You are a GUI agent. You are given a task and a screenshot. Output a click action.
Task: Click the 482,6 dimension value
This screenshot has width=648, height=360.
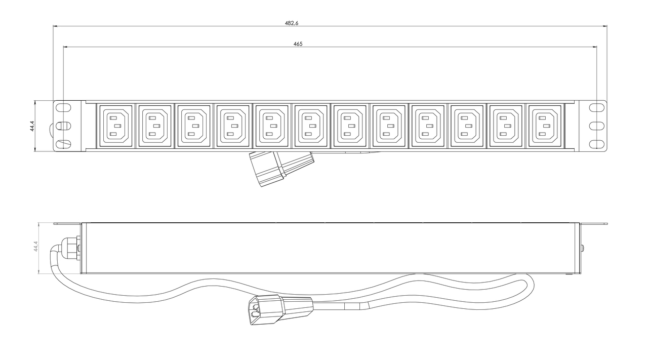pos(291,23)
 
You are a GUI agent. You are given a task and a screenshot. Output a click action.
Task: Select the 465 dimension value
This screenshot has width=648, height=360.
pos(298,44)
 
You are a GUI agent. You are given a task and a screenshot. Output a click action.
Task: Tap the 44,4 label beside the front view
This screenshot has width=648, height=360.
pos(32,126)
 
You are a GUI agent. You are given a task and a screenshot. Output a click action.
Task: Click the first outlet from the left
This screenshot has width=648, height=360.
pos(116,126)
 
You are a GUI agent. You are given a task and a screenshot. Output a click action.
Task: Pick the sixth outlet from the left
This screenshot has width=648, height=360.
pos(311,126)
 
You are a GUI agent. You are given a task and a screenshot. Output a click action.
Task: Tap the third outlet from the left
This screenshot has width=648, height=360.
pos(194,126)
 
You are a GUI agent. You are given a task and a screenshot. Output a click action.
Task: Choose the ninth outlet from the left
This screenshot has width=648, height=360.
pos(428,126)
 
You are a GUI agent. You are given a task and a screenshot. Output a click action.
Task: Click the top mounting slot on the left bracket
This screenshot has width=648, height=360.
pos(63,106)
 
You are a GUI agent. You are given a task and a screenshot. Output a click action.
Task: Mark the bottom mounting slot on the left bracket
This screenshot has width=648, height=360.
pos(63,144)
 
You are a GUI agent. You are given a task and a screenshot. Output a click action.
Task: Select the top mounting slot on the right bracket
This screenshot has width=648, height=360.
pos(597,107)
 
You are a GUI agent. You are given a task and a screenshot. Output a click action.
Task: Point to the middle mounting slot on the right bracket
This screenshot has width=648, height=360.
pos(597,126)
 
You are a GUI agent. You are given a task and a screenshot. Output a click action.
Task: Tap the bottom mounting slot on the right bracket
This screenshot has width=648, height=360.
pos(597,144)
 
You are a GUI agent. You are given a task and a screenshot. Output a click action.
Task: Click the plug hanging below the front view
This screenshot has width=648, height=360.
pos(281,169)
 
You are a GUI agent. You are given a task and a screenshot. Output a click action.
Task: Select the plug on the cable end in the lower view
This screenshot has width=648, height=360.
pos(280,309)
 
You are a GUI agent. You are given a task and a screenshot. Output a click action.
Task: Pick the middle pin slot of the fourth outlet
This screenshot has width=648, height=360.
pos(235,126)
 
